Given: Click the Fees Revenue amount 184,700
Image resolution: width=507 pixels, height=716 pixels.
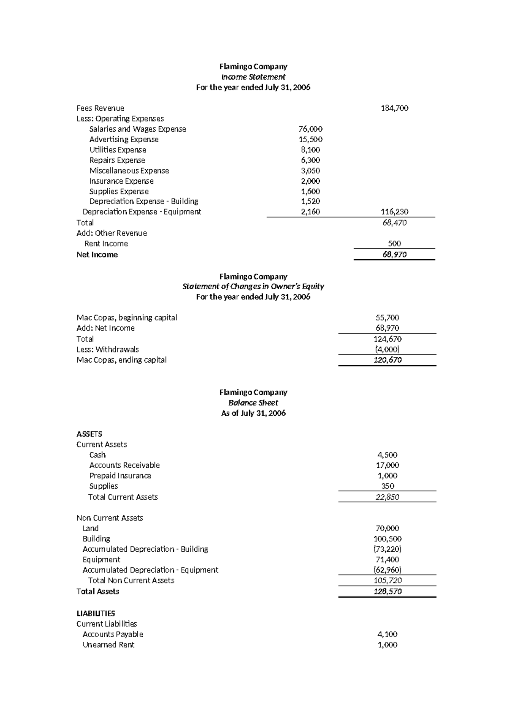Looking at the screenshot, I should click(394, 108).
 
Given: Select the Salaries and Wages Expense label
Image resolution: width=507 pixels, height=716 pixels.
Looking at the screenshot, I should click(137, 129).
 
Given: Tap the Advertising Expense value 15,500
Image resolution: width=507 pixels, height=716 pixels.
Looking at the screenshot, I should click(310, 139).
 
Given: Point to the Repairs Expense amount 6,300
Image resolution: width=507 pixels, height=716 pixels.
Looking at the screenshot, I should click(310, 160).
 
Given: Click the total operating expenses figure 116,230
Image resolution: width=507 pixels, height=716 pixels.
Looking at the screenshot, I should click(394, 212).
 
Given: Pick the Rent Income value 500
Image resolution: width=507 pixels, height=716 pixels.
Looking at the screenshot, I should click(394, 243).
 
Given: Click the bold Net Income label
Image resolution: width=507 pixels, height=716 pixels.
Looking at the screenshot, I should click(97, 255).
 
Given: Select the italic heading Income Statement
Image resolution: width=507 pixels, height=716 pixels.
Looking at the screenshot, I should click(253, 77).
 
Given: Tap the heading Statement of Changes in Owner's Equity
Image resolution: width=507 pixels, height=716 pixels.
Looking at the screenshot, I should click(253, 286).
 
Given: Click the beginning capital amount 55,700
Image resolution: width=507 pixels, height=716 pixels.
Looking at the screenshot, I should click(387, 317).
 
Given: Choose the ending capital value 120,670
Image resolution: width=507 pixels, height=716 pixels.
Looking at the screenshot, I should click(387, 360).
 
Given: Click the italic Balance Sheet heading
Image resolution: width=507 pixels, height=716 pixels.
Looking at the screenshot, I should click(253, 403).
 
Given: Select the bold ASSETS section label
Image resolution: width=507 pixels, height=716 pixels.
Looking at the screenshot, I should click(89, 434).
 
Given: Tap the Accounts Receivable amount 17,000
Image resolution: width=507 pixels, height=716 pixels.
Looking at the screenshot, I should click(387, 465).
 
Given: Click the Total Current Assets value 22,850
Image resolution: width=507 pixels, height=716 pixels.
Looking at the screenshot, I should click(387, 497).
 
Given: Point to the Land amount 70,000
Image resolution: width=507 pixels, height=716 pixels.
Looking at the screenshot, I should click(387, 528).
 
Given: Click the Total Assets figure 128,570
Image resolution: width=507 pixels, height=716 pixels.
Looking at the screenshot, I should click(387, 591).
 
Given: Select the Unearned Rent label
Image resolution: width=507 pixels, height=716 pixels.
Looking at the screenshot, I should click(108, 645).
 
